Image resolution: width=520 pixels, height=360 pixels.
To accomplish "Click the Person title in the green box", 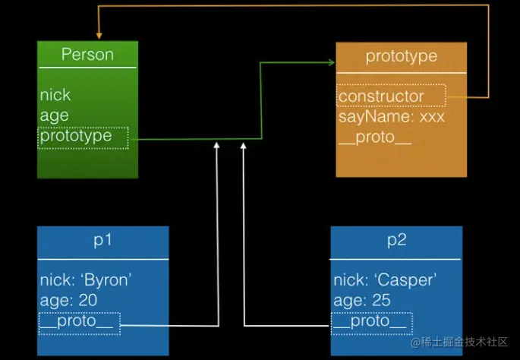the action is pos(87,54).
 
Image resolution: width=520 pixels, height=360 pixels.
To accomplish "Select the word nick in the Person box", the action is pos(55,95).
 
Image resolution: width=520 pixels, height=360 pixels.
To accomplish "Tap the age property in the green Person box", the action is pos(55,115).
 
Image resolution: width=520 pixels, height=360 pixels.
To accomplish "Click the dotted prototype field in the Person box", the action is pos(83,137).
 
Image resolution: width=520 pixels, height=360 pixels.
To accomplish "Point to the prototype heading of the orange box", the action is pos(402,57).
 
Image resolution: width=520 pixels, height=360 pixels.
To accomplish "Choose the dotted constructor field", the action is pos(391,96).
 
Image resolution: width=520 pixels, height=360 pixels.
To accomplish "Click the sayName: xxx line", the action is pos(391,117).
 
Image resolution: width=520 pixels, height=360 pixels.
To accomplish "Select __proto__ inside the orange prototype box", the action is pos(375,137).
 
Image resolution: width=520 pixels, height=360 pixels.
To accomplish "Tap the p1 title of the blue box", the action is pos(102,240).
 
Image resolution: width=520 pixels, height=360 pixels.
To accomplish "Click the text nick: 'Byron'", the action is pos(86,280).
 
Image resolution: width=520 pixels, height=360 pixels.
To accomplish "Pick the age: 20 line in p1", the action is pos(68,301).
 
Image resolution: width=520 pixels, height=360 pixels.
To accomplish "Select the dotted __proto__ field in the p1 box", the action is pos(79,324).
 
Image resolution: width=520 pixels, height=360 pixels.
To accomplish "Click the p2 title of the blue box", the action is pos(396,240).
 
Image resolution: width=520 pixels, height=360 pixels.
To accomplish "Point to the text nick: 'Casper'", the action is pos(385,280).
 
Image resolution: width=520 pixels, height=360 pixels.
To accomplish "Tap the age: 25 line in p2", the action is pos(362,301).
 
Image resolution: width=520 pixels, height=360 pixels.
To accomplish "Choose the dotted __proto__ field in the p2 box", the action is pos(372,324).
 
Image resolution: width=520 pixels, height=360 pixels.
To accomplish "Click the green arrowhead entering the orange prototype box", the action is pos(332,62).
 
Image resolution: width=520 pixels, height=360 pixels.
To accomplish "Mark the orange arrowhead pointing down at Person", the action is pos(99,36).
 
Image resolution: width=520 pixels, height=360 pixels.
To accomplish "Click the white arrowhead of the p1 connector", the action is pos(216,145).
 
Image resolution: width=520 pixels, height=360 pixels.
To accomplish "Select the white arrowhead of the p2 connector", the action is pos(243,145).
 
